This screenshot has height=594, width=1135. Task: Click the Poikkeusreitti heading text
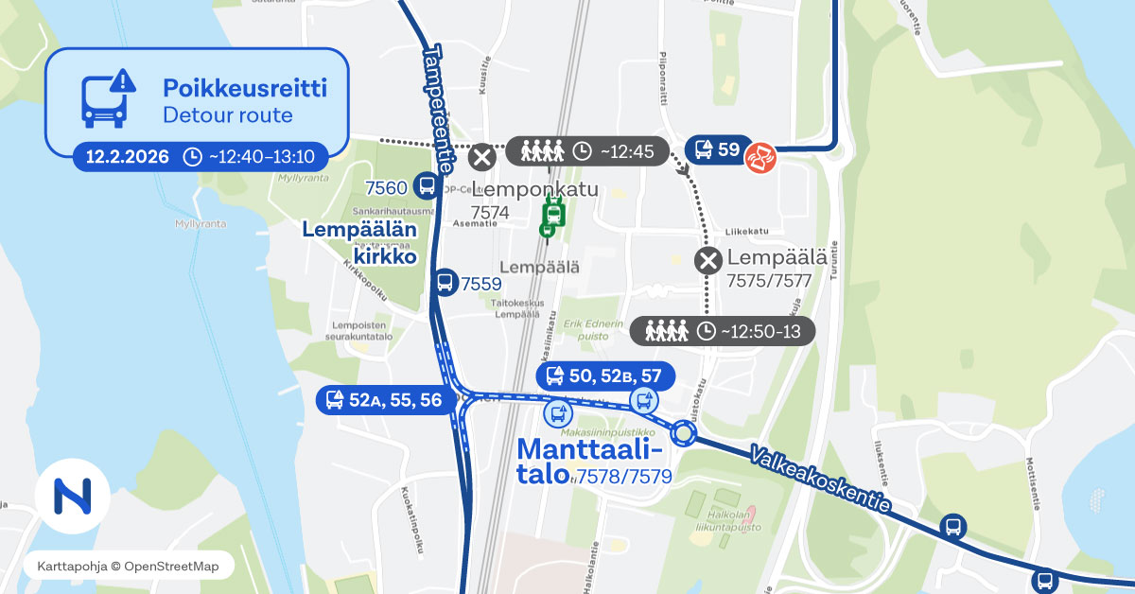point(244,89)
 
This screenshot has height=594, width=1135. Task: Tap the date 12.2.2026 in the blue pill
point(127,156)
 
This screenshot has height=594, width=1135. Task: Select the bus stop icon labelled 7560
point(427,186)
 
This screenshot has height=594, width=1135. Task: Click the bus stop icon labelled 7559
point(445,282)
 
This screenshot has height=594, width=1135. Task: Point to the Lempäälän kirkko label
point(359,242)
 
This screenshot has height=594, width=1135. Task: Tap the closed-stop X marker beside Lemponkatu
point(482,157)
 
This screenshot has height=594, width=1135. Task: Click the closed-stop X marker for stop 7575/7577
point(708,260)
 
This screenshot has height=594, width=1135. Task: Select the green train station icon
point(552,217)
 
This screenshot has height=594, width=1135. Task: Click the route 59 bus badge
point(717,149)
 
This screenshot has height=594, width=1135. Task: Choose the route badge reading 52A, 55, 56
point(384,400)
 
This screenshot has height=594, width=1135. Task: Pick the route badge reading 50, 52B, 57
point(605,376)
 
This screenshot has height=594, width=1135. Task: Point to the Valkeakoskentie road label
point(819,480)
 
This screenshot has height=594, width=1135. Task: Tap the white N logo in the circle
point(73,495)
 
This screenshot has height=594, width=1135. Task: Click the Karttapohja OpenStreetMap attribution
point(128,566)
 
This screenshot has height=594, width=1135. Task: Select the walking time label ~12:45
point(587,151)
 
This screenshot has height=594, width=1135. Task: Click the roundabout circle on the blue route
point(684,434)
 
